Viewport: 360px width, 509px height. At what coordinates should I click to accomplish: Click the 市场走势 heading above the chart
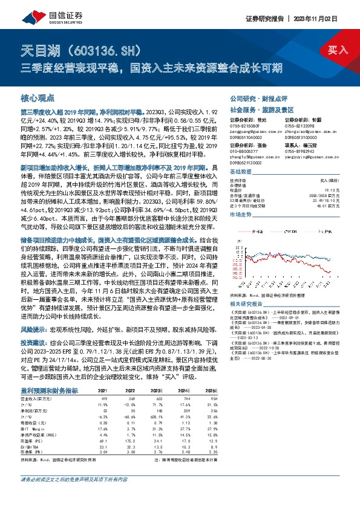pyautogui.click(x=240, y=215)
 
